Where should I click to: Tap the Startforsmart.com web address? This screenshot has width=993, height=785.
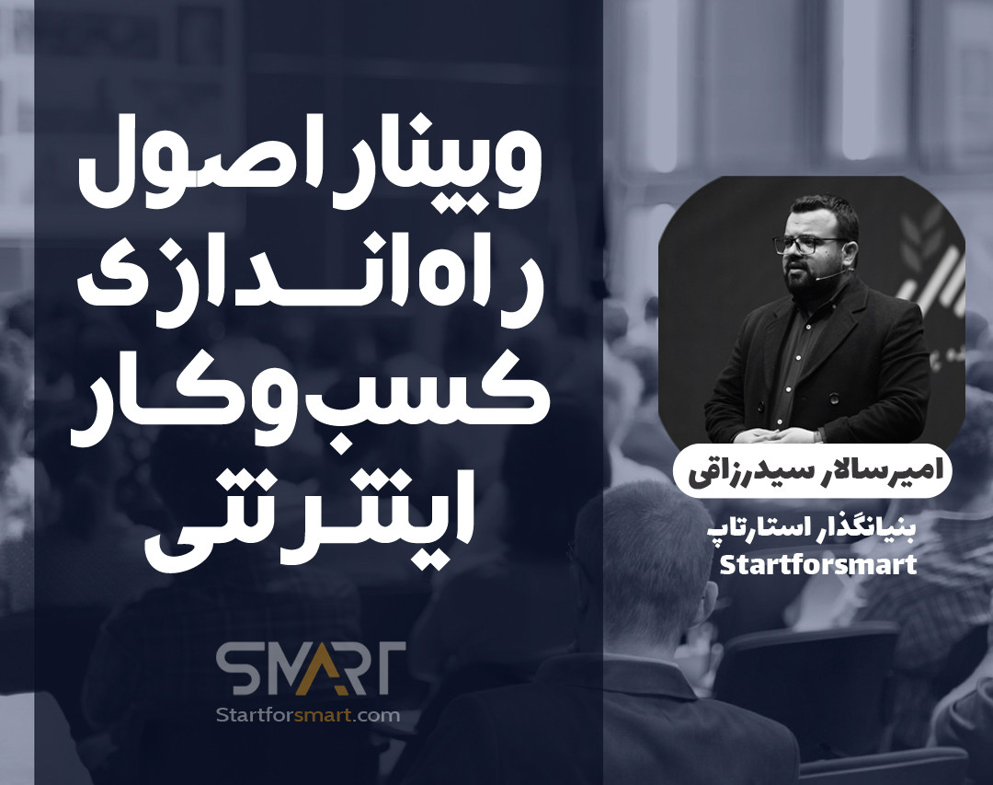[306, 715]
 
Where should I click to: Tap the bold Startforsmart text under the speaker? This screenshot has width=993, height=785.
[817, 563]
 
